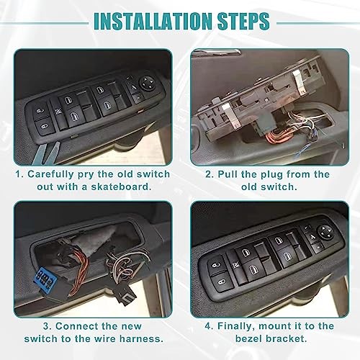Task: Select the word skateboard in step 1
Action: tap(122, 186)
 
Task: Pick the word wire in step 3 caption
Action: tap(104, 338)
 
